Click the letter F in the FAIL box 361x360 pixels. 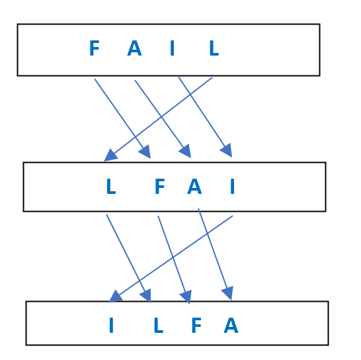point(95,48)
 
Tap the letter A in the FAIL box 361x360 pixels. point(134,48)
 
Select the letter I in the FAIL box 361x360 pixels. point(172,48)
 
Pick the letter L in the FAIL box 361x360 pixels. point(214,48)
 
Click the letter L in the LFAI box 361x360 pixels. point(111,186)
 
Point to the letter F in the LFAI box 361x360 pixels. point(160,186)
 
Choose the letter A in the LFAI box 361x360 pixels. point(194,186)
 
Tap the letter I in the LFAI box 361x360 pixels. point(233,186)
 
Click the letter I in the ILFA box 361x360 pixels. point(112,325)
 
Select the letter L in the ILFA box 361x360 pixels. point(159,325)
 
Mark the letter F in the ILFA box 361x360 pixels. point(196,325)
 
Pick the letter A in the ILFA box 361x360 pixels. point(231,325)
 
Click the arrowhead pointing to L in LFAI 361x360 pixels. point(110,156)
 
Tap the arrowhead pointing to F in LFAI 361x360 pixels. point(145,152)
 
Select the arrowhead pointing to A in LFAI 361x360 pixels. point(186,152)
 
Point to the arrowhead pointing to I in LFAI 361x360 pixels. point(227,150)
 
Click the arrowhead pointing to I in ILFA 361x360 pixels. point(115,296)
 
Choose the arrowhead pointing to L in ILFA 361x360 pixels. point(146,296)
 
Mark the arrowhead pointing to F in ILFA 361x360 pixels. point(186,297)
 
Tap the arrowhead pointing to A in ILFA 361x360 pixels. point(227,293)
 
